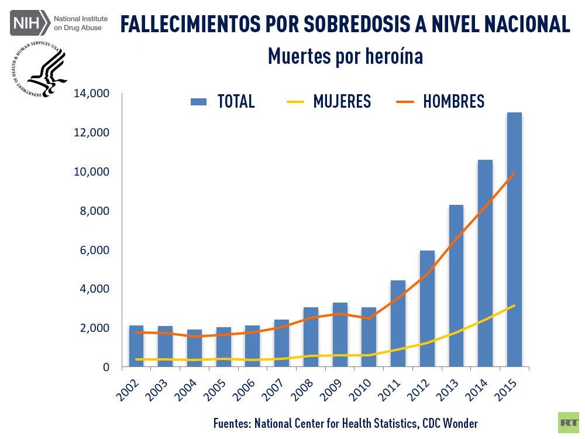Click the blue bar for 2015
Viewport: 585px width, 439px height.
[514, 239]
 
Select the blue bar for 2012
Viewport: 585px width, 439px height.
[428, 308]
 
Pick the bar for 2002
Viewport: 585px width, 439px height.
[136, 346]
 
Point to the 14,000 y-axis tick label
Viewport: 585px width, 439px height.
[92, 93]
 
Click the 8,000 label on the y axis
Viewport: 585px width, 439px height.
[95, 211]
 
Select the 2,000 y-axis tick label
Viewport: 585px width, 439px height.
[95, 328]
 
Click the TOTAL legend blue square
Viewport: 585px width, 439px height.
[199, 102]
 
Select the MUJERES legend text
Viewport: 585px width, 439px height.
[342, 101]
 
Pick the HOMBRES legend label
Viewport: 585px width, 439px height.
[453, 101]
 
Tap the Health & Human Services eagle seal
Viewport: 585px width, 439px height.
[40, 72]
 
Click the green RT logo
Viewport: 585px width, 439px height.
[568, 422]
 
